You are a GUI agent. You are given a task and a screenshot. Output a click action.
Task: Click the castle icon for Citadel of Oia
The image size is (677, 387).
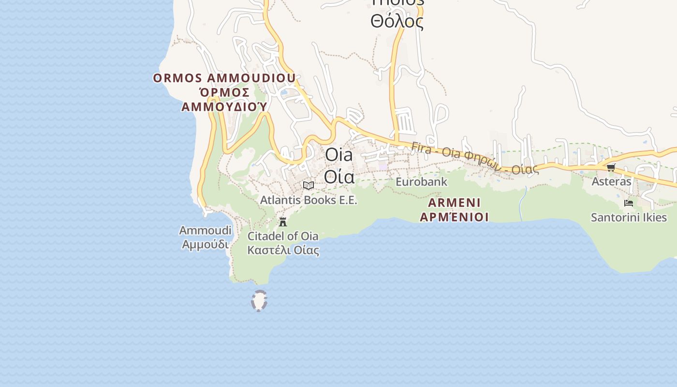283,222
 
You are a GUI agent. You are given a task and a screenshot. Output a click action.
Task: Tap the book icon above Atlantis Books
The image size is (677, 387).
309,185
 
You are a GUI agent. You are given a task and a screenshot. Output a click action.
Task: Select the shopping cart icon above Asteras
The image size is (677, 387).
611,167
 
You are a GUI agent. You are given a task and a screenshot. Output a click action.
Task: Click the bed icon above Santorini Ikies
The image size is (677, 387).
629,203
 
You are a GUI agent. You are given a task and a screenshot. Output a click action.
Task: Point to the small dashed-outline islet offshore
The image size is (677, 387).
259,300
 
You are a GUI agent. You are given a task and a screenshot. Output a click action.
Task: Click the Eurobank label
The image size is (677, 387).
422,182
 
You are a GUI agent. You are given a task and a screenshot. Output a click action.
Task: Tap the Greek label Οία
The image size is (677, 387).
339,177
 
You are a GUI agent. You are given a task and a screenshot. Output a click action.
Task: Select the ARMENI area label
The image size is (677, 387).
454,202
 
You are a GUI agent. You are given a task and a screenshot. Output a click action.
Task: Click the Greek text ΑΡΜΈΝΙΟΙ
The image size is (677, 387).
454,217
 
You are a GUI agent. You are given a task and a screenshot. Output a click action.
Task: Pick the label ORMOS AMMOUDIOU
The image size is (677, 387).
224,78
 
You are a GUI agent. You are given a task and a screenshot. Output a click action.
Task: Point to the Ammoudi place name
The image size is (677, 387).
205,230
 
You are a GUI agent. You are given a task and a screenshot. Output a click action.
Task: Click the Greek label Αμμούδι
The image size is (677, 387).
205,244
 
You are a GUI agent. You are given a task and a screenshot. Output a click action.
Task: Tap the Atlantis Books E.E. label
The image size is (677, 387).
309,200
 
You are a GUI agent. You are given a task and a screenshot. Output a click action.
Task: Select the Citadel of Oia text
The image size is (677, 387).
283,236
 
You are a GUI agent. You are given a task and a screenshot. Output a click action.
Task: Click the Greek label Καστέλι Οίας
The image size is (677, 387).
283,250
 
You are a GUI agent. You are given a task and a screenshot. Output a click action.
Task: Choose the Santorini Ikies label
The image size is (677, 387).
629,217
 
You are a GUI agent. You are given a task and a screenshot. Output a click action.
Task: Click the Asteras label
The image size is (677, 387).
611,181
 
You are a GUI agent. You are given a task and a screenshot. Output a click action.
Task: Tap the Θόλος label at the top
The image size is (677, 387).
397,21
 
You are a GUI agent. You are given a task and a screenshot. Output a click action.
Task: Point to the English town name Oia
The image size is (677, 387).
339,155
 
